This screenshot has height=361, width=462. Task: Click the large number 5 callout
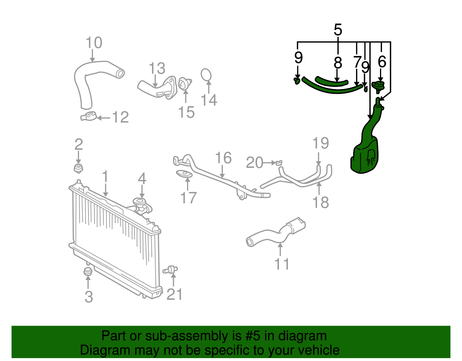pos(338,30)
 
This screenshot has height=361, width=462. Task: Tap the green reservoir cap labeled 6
pos(378,86)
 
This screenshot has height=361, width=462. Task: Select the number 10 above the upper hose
pos(94,43)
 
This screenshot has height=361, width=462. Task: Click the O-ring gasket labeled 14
pos(206,74)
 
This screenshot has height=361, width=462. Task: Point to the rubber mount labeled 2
pos(78,168)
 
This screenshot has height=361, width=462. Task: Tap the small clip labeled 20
pos(279,163)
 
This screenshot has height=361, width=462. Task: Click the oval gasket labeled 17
pos(184,174)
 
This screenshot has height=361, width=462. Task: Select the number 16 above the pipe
pos(223,158)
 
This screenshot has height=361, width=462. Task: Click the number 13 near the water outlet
pos(157,69)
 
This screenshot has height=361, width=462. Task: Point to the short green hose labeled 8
pos(331,81)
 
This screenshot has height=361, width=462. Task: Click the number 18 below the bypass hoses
pos(321,202)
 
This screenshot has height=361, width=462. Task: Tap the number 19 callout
pos(321,143)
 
